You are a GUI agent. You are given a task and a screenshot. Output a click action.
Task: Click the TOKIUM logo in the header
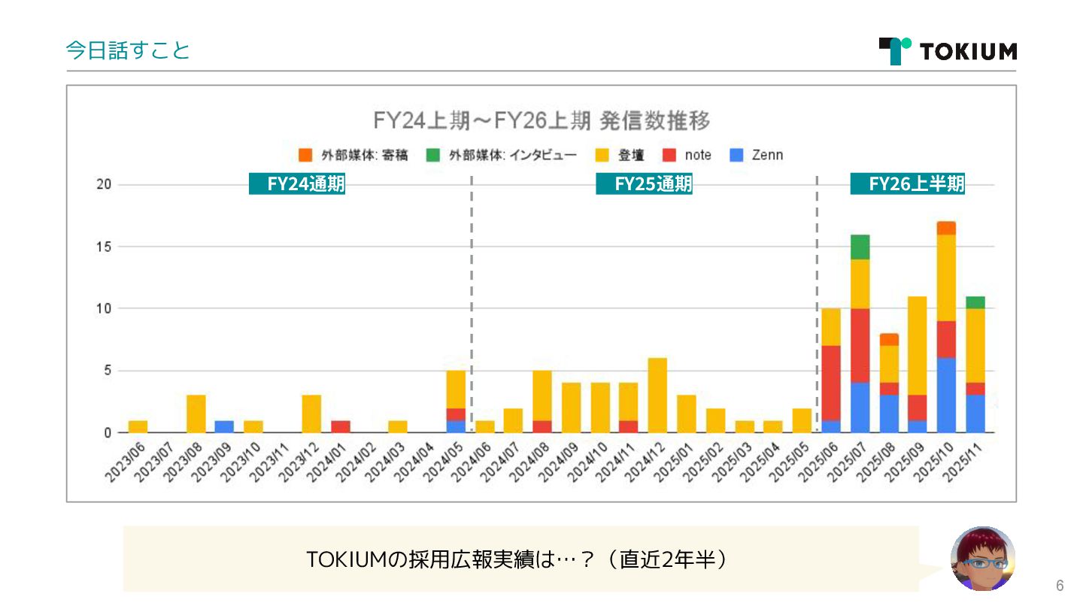(x=948, y=50)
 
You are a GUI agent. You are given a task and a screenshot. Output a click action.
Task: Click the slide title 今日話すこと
(x=128, y=50)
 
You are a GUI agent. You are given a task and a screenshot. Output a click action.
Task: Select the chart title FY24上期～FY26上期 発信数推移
(x=541, y=120)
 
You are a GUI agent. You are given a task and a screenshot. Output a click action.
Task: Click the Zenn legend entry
(x=757, y=156)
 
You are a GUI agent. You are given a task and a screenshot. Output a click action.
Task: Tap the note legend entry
(x=688, y=156)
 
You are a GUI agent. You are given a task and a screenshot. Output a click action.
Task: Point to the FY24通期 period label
(x=297, y=184)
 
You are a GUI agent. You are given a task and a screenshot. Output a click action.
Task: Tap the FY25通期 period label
(x=644, y=184)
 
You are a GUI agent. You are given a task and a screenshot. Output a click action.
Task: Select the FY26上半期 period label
(x=907, y=184)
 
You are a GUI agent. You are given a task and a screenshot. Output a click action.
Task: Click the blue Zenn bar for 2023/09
(x=224, y=426)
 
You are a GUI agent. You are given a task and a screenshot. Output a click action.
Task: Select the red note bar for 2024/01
(x=341, y=426)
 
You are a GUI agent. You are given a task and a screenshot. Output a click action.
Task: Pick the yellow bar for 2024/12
(x=657, y=395)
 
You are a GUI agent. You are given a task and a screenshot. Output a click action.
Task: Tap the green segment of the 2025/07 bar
(x=860, y=247)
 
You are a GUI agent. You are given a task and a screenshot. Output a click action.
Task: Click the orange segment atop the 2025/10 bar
(x=946, y=228)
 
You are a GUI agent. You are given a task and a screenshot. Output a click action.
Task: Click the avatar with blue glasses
(x=983, y=559)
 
